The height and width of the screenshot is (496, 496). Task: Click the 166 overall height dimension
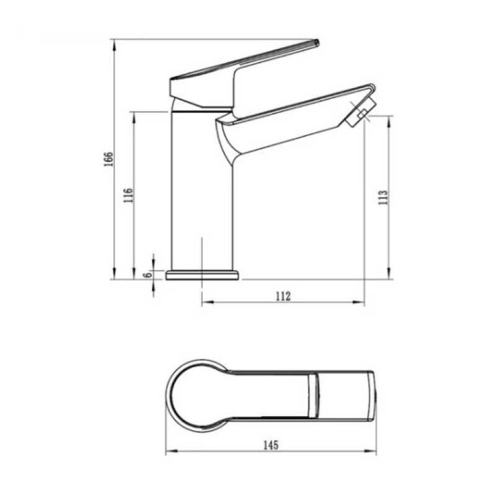[109, 159]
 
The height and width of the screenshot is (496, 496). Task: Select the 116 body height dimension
[128, 195]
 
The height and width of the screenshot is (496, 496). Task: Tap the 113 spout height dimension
[383, 197]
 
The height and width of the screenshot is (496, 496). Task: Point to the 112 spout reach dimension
[283, 296]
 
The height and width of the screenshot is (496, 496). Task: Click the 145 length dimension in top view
[271, 445]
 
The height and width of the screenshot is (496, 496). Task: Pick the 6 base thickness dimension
[148, 275]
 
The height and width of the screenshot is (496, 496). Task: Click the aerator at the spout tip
[361, 113]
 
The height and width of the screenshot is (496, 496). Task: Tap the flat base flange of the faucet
[203, 275]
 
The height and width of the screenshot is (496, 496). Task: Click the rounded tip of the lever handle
[316, 42]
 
